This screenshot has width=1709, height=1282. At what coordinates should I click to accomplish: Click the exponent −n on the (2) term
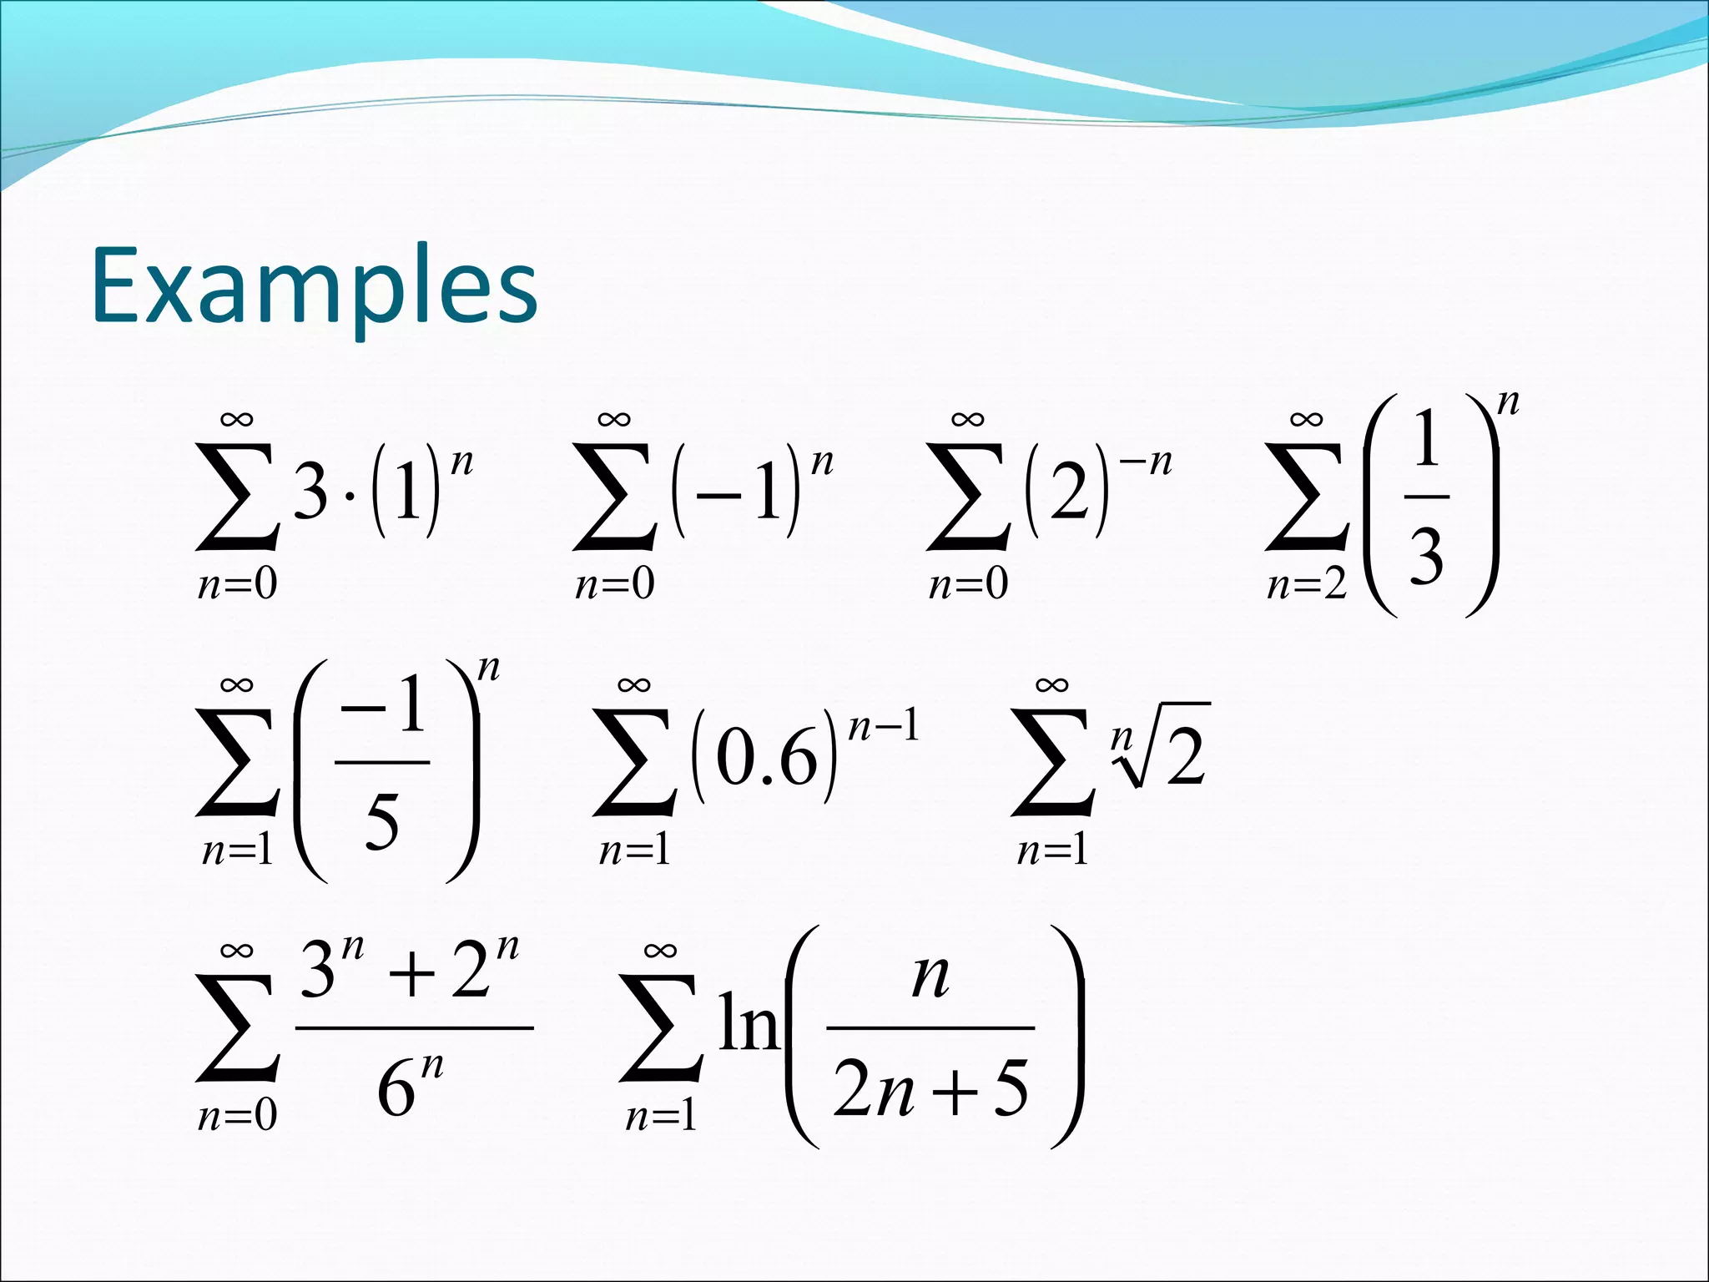(x=1149, y=462)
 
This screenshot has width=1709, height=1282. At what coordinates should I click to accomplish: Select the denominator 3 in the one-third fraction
(x=1426, y=557)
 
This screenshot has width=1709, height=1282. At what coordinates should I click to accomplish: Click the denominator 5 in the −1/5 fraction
(x=382, y=821)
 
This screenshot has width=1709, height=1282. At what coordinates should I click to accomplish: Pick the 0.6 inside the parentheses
(x=765, y=760)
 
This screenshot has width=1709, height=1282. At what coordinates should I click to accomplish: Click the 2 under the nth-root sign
(x=1185, y=756)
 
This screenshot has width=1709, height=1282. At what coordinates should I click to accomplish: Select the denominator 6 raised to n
(x=407, y=1088)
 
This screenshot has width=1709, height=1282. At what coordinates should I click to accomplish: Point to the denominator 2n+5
(x=930, y=1088)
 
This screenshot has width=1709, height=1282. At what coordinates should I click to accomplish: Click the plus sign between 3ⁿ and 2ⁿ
(x=415, y=975)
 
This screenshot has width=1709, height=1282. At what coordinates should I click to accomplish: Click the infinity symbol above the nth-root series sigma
(x=1051, y=685)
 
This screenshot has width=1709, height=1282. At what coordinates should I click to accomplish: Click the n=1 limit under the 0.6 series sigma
(x=634, y=850)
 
